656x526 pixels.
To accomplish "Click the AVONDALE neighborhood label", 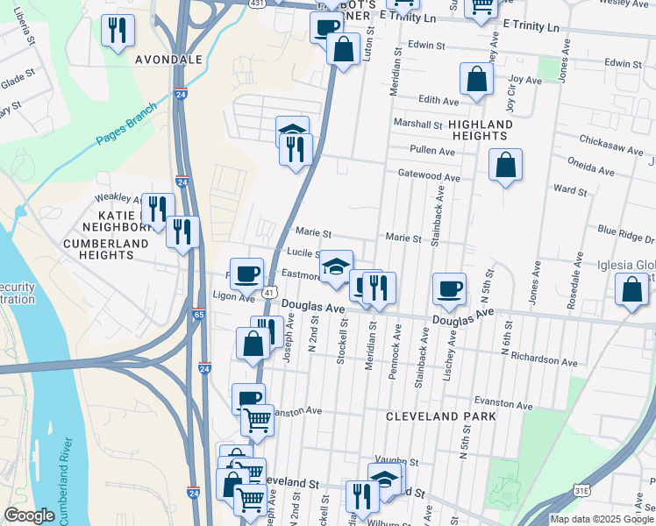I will pyautogui.click(x=169, y=60).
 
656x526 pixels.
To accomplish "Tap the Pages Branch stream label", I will pyautogui.click(x=127, y=124).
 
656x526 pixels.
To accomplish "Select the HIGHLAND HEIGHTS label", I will pyautogui.click(x=479, y=131).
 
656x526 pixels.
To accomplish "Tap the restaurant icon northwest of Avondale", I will pyautogui.click(x=117, y=31).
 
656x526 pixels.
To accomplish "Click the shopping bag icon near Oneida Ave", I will pyautogui.click(x=505, y=165).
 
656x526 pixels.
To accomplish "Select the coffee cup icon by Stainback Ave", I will pyautogui.click(x=449, y=288).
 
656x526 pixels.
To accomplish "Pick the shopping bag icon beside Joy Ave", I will pyautogui.click(x=475, y=79).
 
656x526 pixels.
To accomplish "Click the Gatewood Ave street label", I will pyautogui.click(x=429, y=177).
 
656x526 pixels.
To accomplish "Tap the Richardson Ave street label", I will pyautogui.click(x=545, y=361).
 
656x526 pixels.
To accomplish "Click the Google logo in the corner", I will pyautogui.click(x=29, y=515).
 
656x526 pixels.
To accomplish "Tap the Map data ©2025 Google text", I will pyautogui.click(x=601, y=519).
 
